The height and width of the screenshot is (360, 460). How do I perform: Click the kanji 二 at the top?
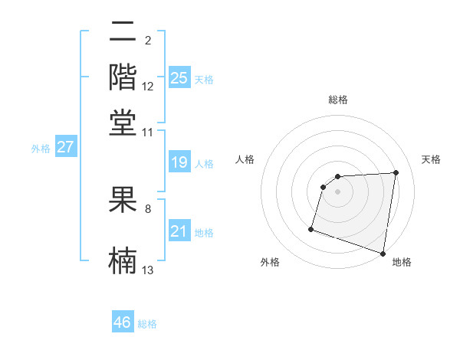(x=123, y=33)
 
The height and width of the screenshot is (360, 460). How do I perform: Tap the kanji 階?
(x=123, y=77)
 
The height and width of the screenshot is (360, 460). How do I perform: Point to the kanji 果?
(x=123, y=201)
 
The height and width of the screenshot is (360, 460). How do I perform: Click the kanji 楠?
(x=123, y=258)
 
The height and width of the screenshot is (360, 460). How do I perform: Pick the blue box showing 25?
(x=179, y=78)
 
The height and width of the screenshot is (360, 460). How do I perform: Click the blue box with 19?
(x=179, y=162)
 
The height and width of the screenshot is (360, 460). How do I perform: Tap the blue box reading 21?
(x=179, y=231)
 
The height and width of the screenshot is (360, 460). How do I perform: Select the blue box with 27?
(x=65, y=147)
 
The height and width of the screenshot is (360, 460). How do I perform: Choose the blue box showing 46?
(x=123, y=322)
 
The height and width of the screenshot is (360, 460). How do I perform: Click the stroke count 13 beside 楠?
(x=148, y=270)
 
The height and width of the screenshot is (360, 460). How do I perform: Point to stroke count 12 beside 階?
(x=148, y=87)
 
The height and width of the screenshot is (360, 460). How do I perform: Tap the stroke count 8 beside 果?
(x=148, y=208)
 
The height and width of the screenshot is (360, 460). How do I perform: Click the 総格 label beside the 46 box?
(x=147, y=324)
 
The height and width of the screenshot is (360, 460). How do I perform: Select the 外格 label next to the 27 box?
(x=41, y=149)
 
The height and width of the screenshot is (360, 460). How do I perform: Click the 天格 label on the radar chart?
(x=431, y=159)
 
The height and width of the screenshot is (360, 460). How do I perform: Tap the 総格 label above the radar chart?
(x=338, y=100)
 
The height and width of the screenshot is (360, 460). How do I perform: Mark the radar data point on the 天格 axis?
(x=396, y=172)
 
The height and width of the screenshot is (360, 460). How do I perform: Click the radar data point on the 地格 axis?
(x=383, y=253)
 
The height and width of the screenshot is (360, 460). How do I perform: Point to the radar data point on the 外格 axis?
(x=311, y=229)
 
